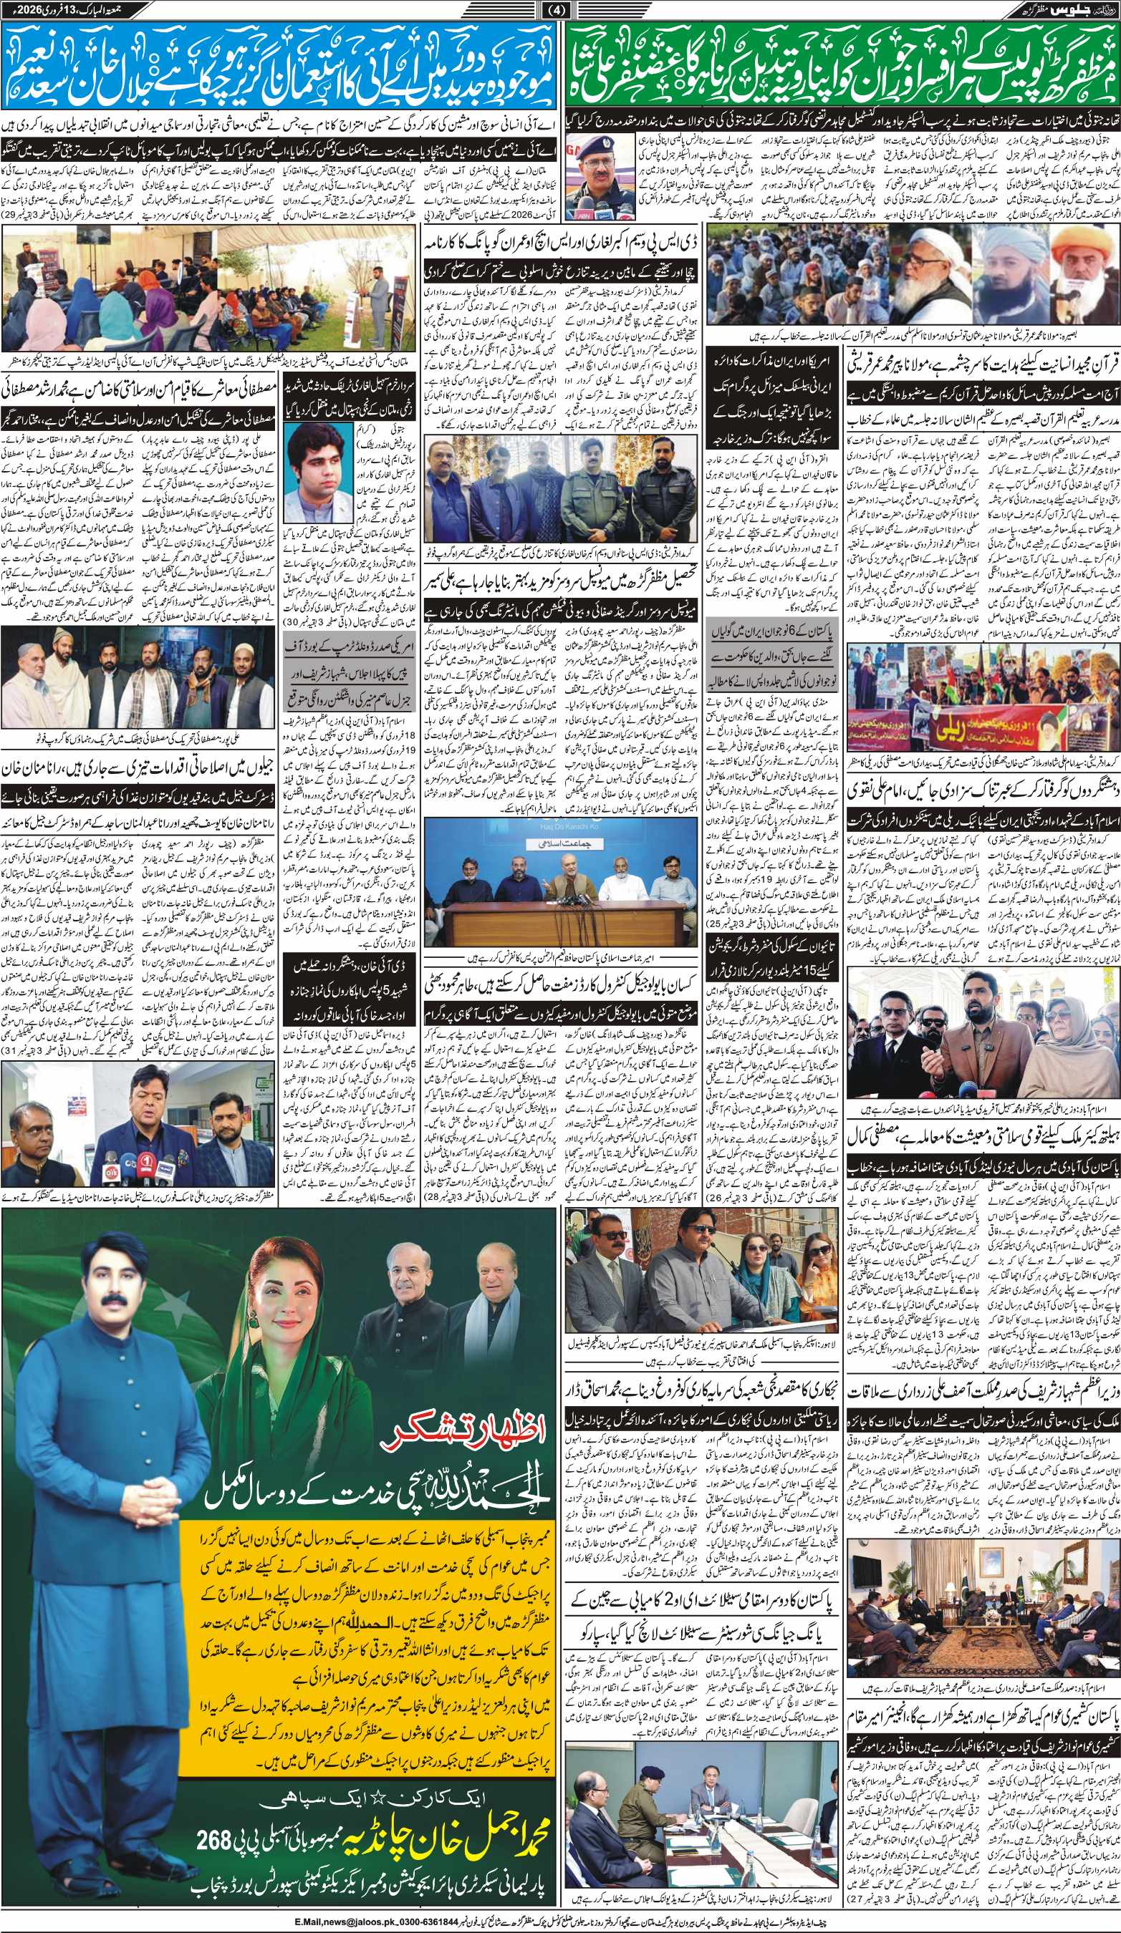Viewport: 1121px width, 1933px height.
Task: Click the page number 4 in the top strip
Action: click(x=561, y=10)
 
